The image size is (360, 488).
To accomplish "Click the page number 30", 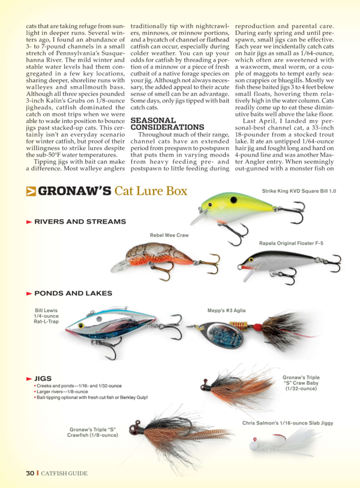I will pos(29,473).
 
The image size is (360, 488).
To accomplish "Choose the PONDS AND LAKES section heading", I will pos(73,294).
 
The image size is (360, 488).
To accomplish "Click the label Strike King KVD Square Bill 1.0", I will pos(299,191).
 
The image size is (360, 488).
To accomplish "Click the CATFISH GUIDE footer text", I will pos(64,473).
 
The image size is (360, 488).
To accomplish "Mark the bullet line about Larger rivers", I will pos(63,391).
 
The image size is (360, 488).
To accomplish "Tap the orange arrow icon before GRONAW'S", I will pos(31,191).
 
